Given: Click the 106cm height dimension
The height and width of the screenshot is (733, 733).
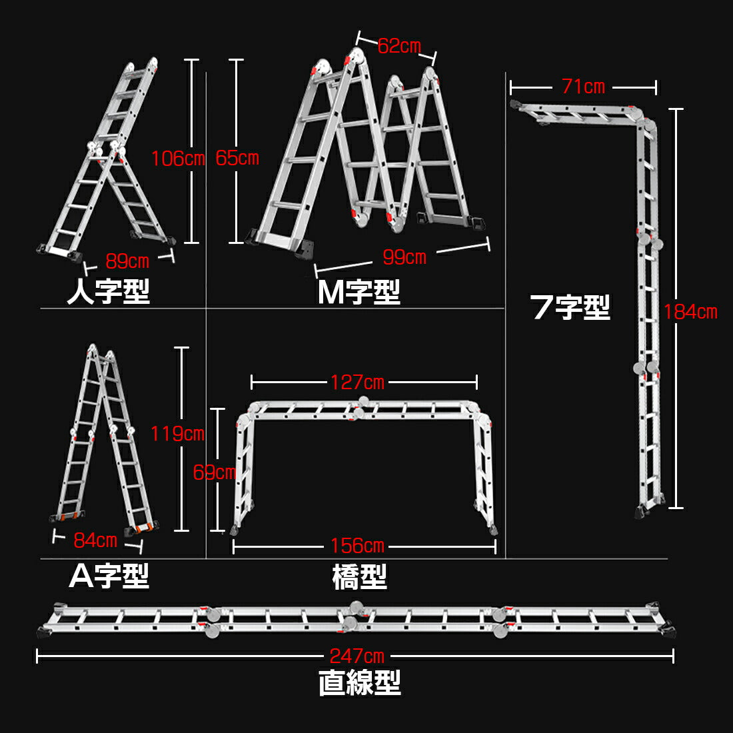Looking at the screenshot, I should click(x=178, y=159).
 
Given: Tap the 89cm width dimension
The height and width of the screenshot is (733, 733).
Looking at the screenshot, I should click(x=127, y=261).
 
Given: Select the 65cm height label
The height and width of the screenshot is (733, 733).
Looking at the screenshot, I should click(x=237, y=159).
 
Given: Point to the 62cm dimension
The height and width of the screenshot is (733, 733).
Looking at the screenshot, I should click(x=399, y=46).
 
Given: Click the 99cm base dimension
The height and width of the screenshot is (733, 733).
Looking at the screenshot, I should click(x=404, y=257).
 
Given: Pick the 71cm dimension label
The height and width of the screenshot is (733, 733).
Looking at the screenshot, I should click(x=583, y=87).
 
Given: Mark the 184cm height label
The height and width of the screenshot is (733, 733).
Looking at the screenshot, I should click(x=690, y=311).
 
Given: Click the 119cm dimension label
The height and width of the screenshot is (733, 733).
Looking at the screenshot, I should click(x=177, y=434).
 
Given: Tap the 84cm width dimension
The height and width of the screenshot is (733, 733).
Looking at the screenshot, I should click(x=95, y=540).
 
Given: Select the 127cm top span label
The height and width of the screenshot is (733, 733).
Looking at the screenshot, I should click(x=357, y=382).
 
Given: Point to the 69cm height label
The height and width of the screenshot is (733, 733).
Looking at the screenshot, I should click(x=215, y=472).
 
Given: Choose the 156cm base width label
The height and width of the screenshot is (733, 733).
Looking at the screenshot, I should click(x=357, y=546).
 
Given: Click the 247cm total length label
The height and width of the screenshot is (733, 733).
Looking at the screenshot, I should click(x=357, y=656).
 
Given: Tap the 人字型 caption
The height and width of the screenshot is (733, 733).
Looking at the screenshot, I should click(x=109, y=291).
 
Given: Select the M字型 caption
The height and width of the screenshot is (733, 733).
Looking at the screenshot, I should click(x=359, y=291).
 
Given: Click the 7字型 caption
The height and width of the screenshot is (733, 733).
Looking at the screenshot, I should click(x=570, y=307).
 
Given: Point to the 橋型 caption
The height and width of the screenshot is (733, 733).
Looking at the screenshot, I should click(x=359, y=577).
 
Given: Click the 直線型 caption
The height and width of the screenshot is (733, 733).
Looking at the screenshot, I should click(x=360, y=683).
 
